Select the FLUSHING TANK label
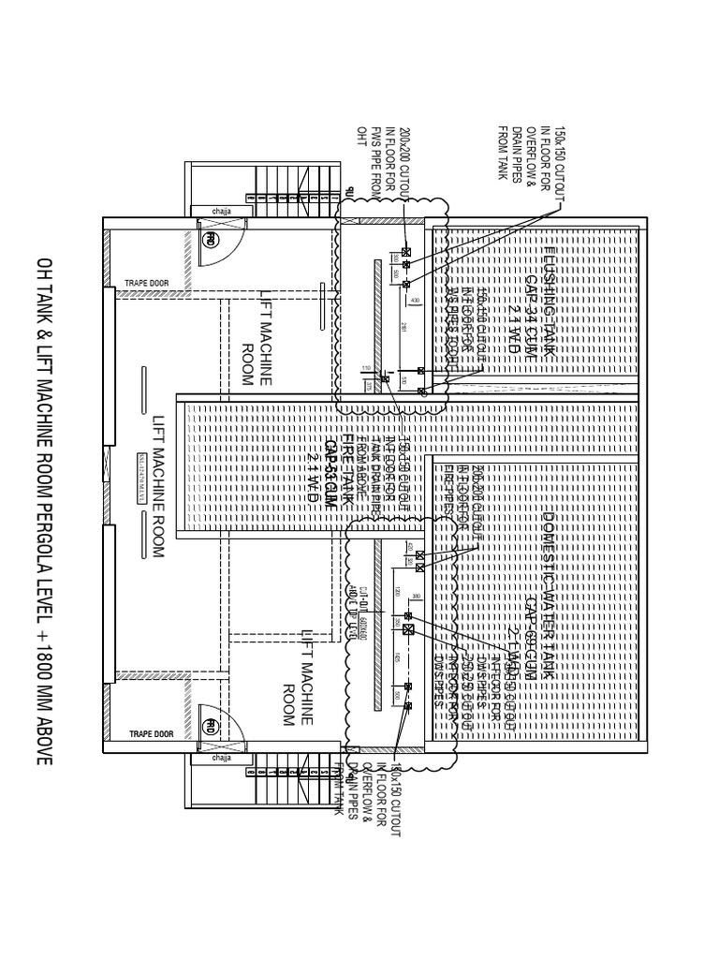pyautogui.click(x=550, y=297)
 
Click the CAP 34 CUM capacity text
pyautogui.click(x=531, y=298)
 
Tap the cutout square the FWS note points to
pyautogui.click(x=406, y=252)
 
